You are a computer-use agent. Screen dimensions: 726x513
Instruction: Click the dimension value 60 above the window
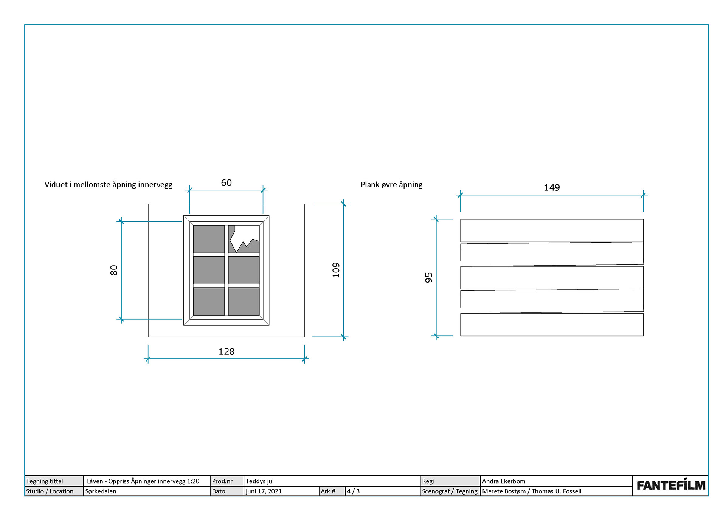(x=226, y=183)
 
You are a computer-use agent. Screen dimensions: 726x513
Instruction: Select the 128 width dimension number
(x=226, y=352)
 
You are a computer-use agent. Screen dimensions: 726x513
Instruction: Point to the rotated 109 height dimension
(x=336, y=270)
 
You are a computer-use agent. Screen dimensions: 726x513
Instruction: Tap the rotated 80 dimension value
(x=114, y=270)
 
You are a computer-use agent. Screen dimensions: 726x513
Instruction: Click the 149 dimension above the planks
(x=552, y=188)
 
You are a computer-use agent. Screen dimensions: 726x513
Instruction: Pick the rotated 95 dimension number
(x=428, y=278)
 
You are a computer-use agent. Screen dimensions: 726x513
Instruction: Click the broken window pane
(x=244, y=239)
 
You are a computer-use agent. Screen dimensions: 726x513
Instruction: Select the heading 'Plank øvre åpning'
(x=391, y=185)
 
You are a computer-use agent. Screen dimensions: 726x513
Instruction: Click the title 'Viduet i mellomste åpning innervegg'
(x=108, y=185)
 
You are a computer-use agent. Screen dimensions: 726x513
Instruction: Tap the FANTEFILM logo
(x=670, y=485)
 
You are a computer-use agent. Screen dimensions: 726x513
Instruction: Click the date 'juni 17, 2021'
(x=264, y=491)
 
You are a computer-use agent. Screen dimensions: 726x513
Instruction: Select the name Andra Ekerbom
(x=503, y=481)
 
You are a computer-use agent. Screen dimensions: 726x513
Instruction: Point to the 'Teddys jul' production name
(x=259, y=481)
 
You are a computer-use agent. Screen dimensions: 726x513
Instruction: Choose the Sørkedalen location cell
(x=101, y=491)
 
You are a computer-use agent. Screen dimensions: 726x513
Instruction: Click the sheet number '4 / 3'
(x=353, y=491)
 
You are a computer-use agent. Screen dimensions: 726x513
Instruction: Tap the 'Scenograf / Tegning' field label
(x=450, y=491)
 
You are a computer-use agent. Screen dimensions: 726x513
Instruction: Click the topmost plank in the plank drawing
(x=552, y=230)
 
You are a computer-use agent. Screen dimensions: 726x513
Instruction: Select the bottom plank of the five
(x=552, y=324)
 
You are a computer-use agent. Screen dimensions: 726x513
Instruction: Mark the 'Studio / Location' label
(x=50, y=491)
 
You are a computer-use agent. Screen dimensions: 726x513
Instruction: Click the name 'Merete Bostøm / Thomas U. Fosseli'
(x=532, y=491)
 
